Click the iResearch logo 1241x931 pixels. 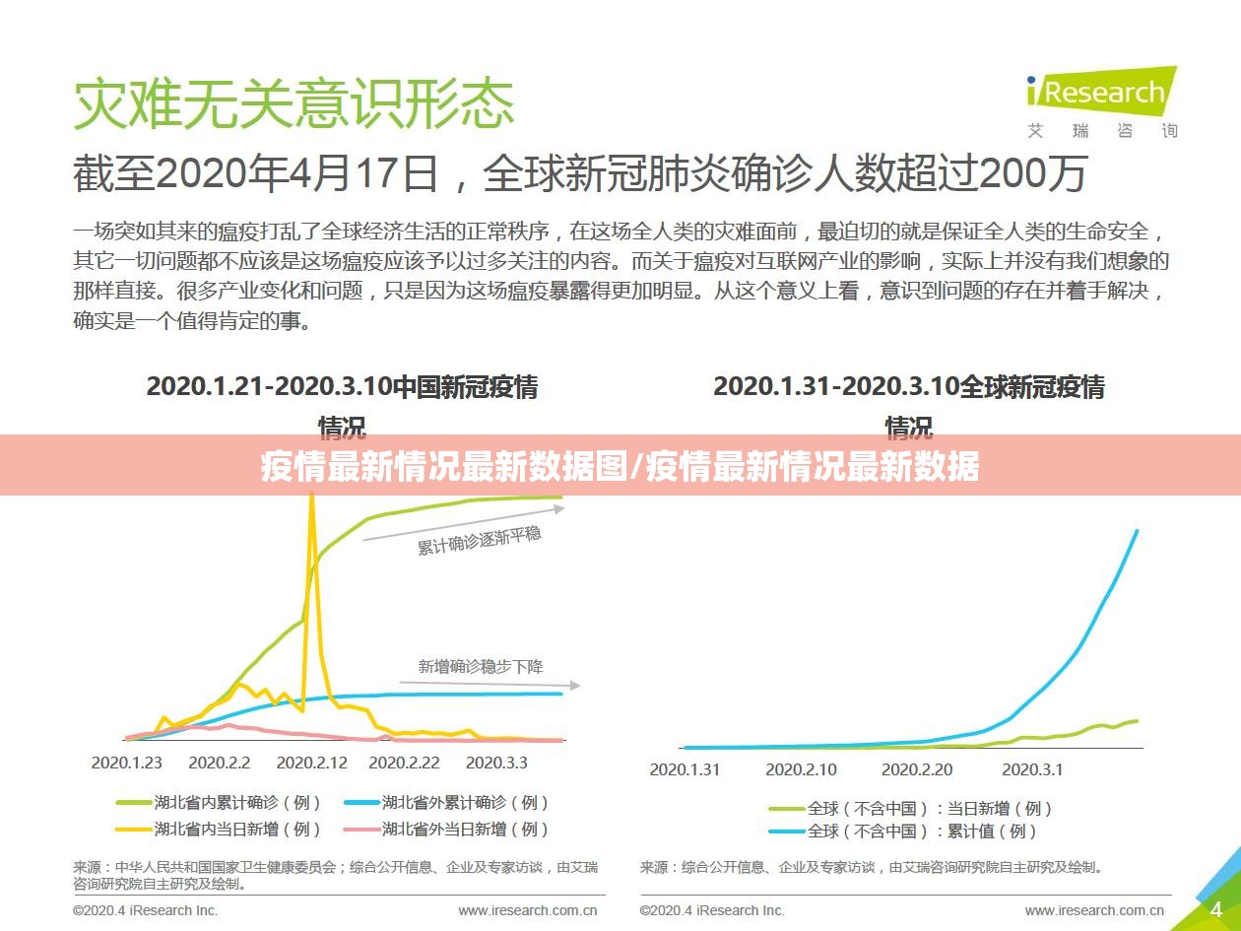coord(1101,95)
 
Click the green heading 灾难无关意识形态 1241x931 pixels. coord(294,103)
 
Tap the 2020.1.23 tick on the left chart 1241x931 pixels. coord(127,763)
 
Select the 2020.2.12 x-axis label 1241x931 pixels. coord(312,763)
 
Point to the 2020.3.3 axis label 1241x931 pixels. coord(496,763)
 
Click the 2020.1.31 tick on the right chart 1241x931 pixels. coord(685,769)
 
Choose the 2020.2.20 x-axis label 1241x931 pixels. coord(917,769)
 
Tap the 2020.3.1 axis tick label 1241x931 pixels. coord(1032,769)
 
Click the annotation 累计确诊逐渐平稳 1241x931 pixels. coord(480,540)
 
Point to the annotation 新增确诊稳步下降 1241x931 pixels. coord(481,667)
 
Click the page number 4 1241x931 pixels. coord(1216,907)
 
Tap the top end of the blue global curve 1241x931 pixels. coord(1137,532)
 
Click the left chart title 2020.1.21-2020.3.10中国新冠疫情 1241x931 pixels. coord(342,387)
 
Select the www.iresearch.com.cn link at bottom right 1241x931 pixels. coord(1094,910)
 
